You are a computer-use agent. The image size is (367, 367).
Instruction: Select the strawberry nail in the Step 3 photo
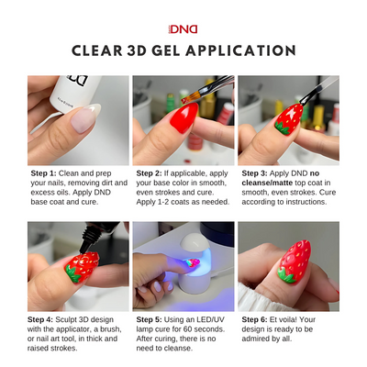[x=287, y=119]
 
